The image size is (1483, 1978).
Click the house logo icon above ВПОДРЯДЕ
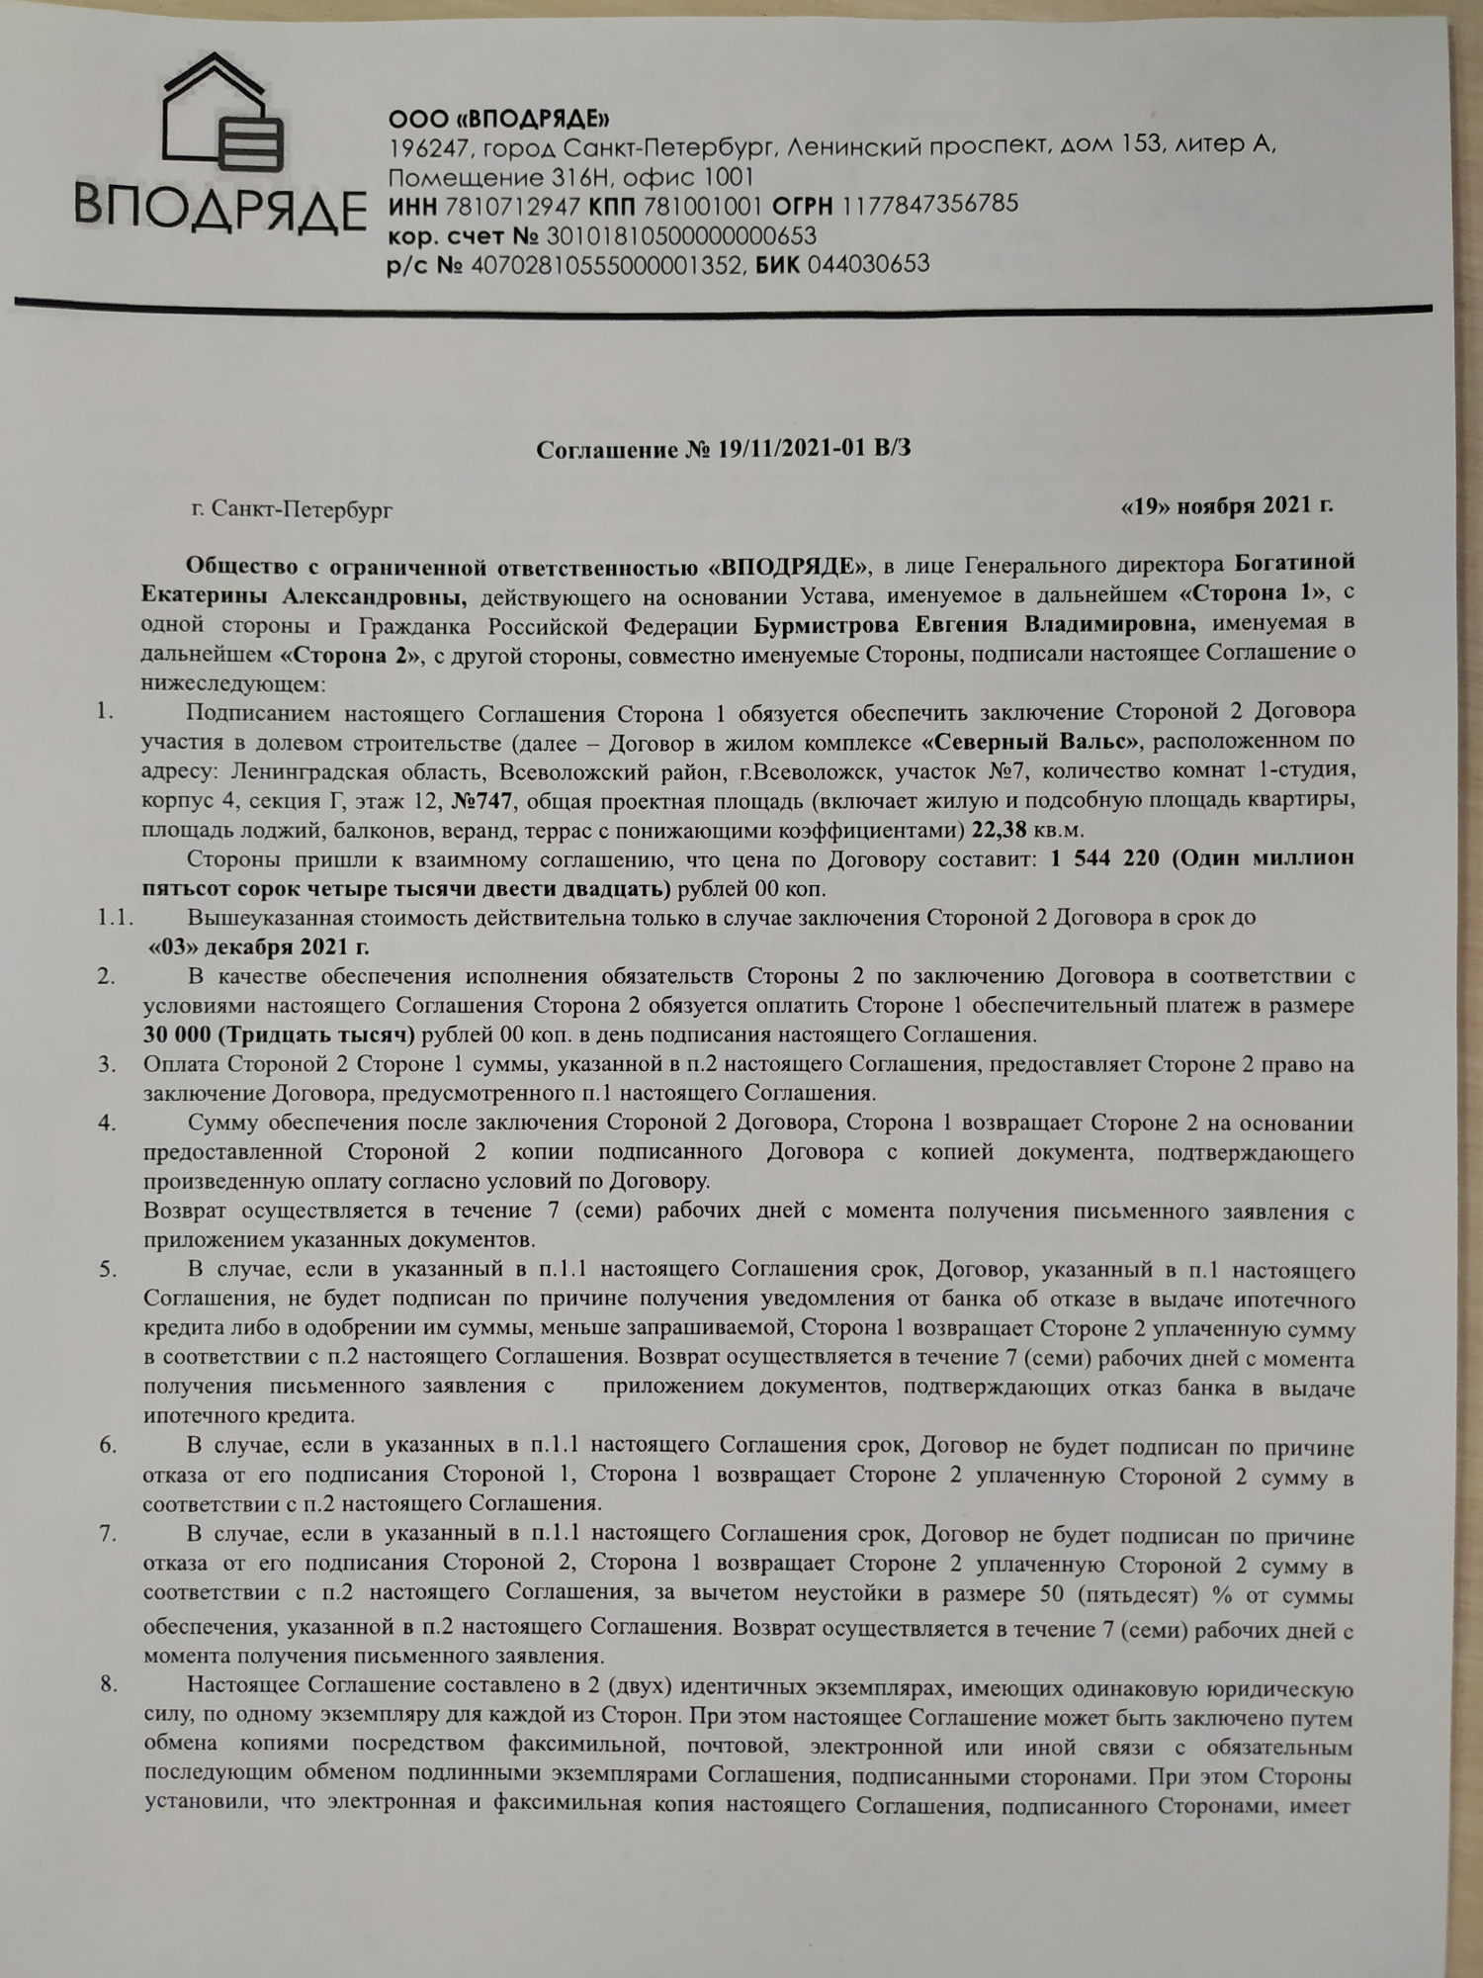click(x=223, y=115)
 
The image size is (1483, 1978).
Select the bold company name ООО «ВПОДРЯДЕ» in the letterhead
click(x=498, y=120)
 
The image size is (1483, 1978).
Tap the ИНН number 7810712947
click(x=512, y=207)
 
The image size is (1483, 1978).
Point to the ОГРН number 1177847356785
click(x=928, y=205)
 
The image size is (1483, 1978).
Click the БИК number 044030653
click(x=868, y=264)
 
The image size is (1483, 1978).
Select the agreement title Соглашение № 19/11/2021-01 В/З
click(x=723, y=449)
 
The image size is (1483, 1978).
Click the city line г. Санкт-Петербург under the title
click(x=292, y=509)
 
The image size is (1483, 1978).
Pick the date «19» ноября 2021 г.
click(x=1226, y=505)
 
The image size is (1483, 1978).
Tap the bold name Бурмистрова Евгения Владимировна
click(x=974, y=625)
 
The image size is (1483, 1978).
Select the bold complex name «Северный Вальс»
click(x=1031, y=741)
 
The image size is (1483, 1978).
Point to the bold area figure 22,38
click(x=1000, y=829)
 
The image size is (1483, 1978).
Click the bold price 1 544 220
click(x=1104, y=858)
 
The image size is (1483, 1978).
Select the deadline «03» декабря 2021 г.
click(x=259, y=946)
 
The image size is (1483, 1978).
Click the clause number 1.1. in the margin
click(x=115, y=918)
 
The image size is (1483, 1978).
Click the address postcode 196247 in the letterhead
click(x=421, y=148)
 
